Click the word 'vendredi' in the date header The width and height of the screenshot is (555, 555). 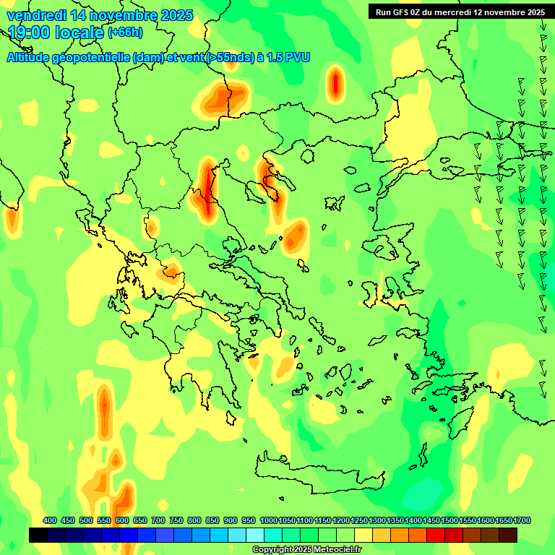pos(35,14)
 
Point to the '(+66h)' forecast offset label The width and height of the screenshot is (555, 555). pos(125,32)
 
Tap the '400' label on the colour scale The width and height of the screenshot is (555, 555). pos(50,521)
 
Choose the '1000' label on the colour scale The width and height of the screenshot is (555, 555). pos(268,521)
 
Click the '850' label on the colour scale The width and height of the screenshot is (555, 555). pos(212,521)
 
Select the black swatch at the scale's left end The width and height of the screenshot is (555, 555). pos(39,535)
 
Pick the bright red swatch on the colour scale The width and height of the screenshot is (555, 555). pos(436,535)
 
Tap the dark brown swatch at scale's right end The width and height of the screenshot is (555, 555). pos(508,535)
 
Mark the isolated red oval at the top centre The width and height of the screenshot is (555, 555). pos(335,83)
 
